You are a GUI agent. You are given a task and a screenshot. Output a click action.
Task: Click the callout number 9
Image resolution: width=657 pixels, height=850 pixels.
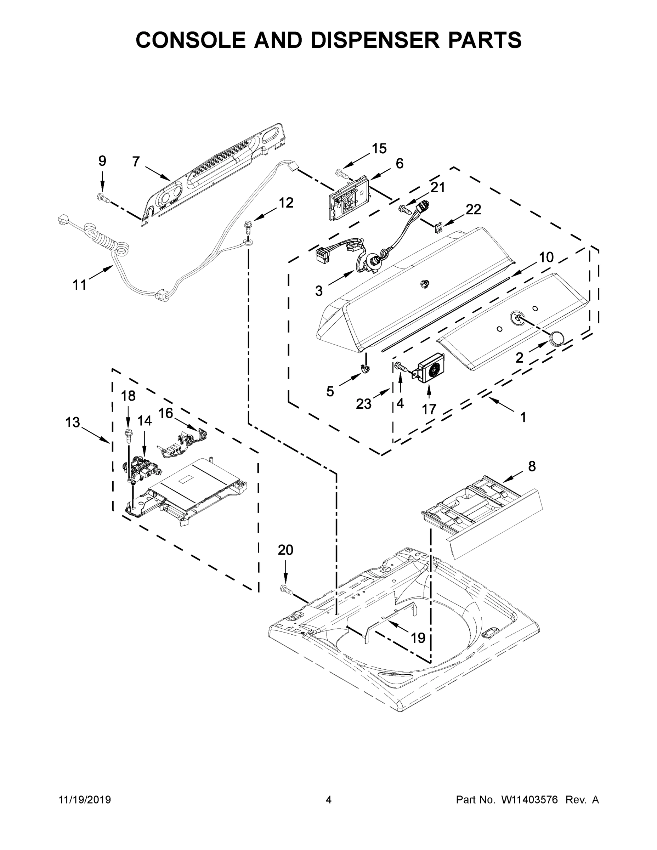(x=102, y=161)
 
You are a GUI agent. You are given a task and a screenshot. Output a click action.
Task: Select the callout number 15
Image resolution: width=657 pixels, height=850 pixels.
(x=379, y=148)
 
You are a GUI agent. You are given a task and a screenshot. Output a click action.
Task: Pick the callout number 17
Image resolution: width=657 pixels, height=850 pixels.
(x=429, y=409)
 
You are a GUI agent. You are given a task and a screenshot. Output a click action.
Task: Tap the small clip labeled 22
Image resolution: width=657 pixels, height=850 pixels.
(x=438, y=227)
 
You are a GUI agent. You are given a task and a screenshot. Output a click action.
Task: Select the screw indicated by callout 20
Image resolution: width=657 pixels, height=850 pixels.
(x=286, y=601)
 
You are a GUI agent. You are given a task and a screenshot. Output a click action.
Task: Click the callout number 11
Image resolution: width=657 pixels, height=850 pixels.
(x=79, y=285)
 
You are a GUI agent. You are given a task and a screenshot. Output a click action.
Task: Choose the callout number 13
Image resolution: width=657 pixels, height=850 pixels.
(x=72, y=422)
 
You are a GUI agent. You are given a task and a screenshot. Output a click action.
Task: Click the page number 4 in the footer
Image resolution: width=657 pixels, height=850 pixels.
(x=329, y=800)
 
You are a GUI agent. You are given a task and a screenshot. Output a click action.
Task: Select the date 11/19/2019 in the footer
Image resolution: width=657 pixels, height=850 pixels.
(x=85, y=800)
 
